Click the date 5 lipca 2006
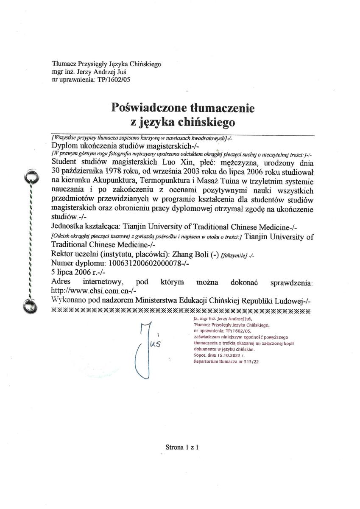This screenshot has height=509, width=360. tap(70, 272)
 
